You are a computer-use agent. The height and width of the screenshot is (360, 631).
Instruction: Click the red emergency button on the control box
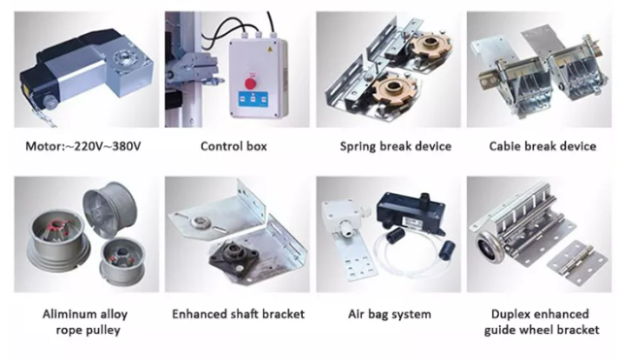tap(250, 83)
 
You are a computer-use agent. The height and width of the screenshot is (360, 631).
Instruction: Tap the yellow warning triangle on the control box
tap(270, 49)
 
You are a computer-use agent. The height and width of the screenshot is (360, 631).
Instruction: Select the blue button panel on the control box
tap(252, 99)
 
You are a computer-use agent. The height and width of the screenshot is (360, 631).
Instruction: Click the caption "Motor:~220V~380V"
tap(83, 146)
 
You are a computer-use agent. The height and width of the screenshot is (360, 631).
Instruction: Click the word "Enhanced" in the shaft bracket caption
tap(197, 314)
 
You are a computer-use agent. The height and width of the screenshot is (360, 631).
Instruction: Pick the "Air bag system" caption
tap(389, 314)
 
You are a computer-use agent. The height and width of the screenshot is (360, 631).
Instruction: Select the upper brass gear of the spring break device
tap(429, 46)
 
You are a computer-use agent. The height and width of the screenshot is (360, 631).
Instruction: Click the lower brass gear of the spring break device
tap(392, 89)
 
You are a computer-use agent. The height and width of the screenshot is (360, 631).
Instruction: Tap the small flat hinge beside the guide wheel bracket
tap(577, 263)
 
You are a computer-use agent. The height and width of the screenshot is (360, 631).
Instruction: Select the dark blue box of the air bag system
tap(411, 213)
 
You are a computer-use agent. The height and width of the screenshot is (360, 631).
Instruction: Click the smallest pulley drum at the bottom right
tap(121, 262)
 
